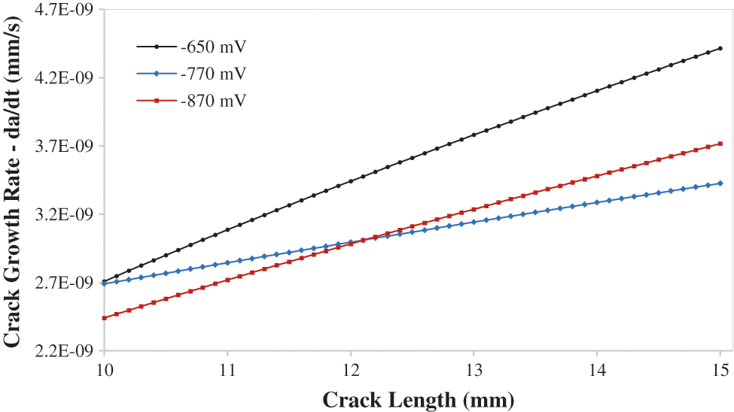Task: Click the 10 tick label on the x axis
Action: point(104,371)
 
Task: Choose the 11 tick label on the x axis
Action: point(227,371)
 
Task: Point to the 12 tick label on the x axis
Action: point(350,371)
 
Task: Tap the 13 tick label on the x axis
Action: point(474,371)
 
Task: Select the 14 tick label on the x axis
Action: point(597,371)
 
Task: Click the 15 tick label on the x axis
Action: point(720,371)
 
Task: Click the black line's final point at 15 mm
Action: point(720,48)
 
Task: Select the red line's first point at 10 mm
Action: point(104,318)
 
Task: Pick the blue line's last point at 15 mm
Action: point(720,183)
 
